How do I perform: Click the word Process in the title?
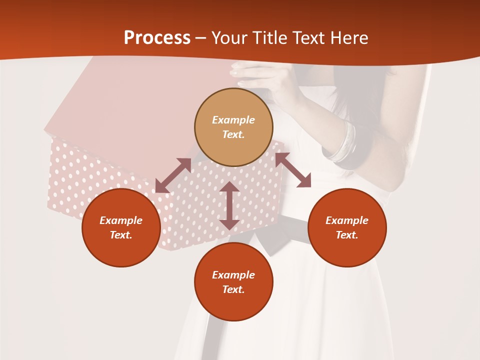[x=157, y=38]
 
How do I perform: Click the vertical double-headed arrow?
[x=229, y=205]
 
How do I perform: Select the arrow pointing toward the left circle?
[x=173, y=175]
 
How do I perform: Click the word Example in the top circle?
[x=233, y=120]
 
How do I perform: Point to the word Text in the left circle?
[x=121, y=235]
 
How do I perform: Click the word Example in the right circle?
[x=347, y=220]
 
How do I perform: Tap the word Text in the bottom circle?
[x=233, y=289]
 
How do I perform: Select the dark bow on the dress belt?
[x=280, y=235]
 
